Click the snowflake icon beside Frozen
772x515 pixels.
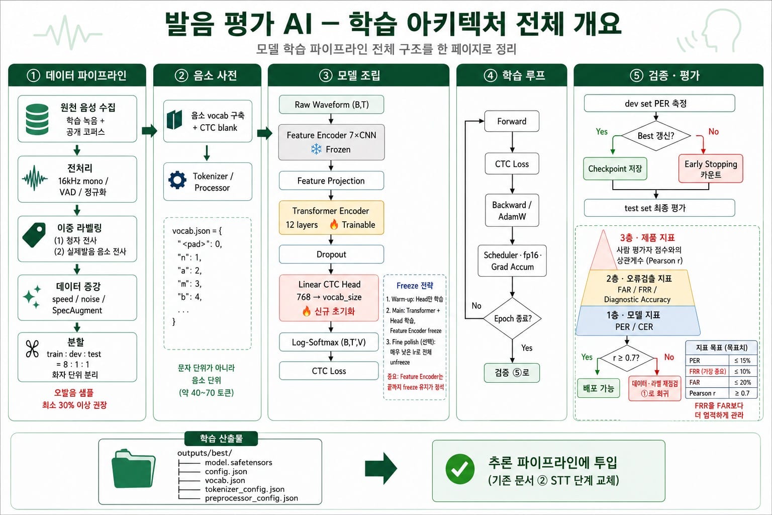point(316,149)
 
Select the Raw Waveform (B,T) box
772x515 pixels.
point(331,105)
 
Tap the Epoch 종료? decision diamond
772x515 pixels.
point(513,318)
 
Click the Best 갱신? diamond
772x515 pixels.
point(656,136)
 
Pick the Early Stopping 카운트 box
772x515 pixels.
point(711,168)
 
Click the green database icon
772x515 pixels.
point(37,119)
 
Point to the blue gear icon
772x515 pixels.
point(177,180)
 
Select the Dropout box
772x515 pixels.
point(331,254)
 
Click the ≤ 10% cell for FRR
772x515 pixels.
point(742,372)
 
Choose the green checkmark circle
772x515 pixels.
point(460,469)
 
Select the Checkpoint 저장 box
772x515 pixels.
point(615,168)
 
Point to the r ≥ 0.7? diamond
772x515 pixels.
point(626,358)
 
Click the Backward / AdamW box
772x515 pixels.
point(512,210)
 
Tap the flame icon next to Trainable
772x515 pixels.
point(334,224)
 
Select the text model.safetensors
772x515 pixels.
point(239,462)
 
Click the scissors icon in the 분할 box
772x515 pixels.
point(32,349)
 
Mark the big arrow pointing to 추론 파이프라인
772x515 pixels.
point(381,468)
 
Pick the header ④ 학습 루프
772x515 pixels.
point(512,75)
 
